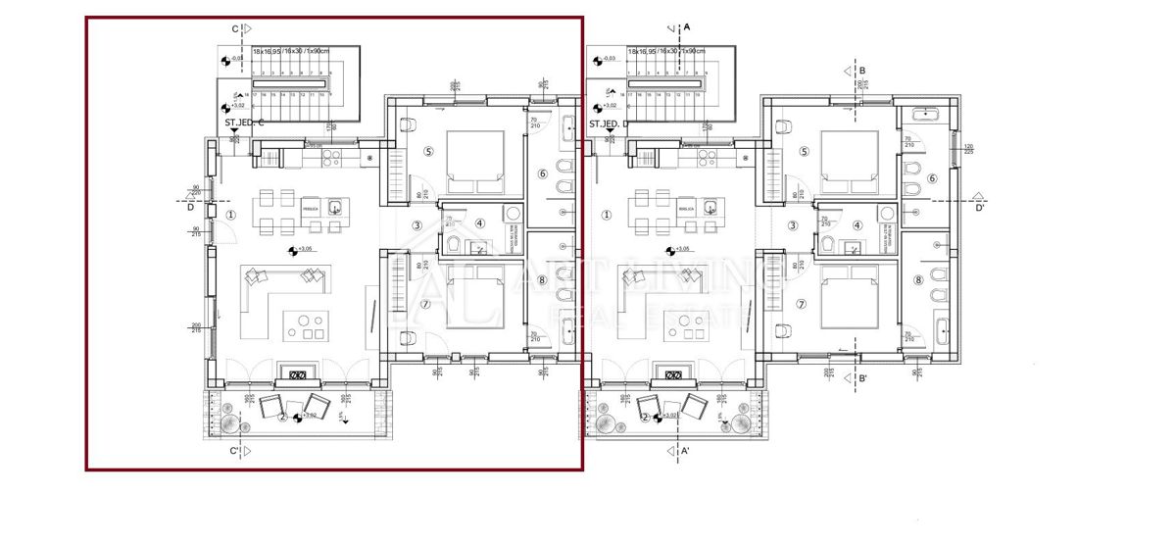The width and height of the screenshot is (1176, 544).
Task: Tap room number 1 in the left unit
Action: [230, 214]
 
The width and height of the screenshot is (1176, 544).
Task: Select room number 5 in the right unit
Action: [805, 152]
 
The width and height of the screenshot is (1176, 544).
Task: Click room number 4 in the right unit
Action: [857, 225]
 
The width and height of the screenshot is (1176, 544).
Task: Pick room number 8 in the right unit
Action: [918, 280]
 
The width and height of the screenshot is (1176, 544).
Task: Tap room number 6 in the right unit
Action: [932, 177]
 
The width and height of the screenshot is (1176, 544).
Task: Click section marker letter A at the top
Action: [687, 26]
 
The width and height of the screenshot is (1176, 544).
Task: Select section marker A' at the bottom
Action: [686, 451]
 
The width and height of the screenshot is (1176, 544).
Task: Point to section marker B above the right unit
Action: [861, 71]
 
